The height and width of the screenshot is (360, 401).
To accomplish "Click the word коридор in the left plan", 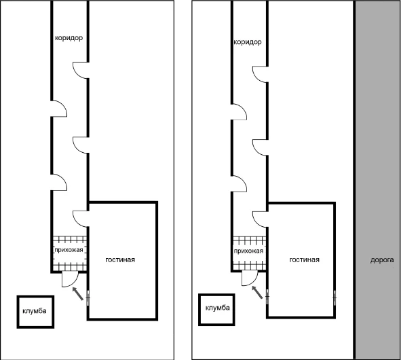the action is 69,38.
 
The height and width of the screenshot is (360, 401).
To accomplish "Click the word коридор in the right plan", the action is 248,42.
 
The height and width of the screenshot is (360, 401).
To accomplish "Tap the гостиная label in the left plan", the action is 120,260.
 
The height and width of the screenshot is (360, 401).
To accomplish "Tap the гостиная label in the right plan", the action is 305,260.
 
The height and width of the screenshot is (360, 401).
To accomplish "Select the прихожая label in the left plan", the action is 69,250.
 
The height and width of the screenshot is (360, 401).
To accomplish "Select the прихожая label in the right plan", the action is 248,251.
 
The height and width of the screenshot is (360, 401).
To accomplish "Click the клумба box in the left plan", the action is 35,312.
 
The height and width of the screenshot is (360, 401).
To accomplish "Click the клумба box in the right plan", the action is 216,310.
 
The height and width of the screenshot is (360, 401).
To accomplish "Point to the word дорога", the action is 382,260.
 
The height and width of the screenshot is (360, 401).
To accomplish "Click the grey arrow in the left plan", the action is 78,293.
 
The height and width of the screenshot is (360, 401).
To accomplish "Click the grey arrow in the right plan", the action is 257,292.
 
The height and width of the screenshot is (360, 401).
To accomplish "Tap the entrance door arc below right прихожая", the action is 254,282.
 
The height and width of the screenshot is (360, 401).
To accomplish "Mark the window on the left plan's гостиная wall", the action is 88,298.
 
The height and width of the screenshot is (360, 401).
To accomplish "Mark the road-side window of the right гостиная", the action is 335,298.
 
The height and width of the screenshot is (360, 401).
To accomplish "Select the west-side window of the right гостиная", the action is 267,297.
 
